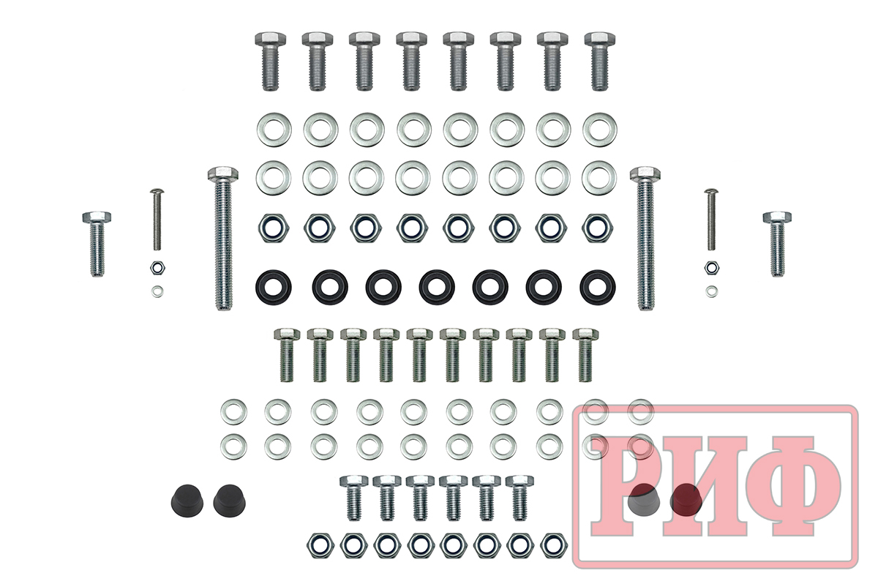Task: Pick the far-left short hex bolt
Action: point(97,244)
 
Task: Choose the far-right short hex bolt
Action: point(777,244)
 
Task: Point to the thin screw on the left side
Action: point(157,220)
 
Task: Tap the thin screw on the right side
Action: point(710,220)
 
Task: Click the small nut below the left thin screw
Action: point(157,268)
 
